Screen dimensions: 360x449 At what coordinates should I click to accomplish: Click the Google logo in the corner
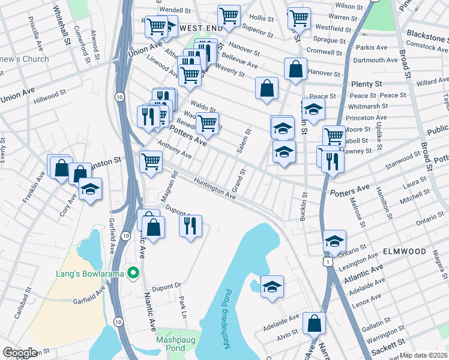[x=20, y=353]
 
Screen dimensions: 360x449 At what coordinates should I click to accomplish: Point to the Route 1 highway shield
[x=326, y=262]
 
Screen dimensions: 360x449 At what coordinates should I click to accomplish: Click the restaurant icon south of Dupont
[x=191, y=226]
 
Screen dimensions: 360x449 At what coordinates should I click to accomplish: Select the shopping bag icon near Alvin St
[x=314, y=323]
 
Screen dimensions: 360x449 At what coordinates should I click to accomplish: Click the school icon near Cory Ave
[x=90, y=189]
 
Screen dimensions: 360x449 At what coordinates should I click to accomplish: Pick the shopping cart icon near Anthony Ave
[x=151, y=161]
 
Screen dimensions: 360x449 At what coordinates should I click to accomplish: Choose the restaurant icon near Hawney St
[x=332, y=160]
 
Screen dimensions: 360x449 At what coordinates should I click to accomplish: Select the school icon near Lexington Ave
[x=334, y=241]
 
